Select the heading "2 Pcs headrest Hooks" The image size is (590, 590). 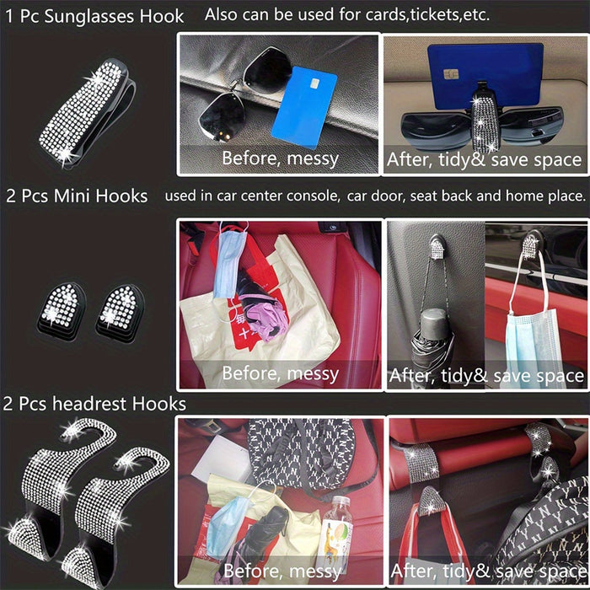(x=94, y=404)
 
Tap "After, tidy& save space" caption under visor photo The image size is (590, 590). (x=484, y=159)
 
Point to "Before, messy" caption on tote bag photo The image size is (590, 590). (x=280, y=373)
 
